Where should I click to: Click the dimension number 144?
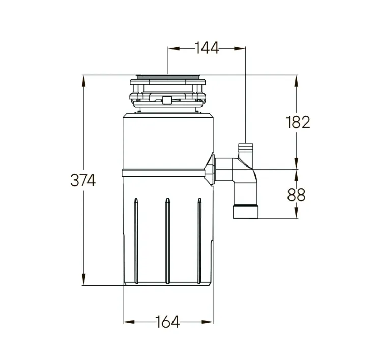tap(207, 48)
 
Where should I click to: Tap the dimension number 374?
tap(83, 180)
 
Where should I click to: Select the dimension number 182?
tap(298, 122)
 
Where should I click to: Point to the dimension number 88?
tap(296, 195)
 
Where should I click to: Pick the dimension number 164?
tap(167, 322)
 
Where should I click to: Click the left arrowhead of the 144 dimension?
tap(174, 48)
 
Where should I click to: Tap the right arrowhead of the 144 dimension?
tap(240, 48)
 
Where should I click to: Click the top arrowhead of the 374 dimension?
tap(83, 81)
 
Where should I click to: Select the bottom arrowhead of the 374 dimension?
tap(83, 279)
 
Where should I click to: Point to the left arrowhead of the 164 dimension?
tap(129, 322)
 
